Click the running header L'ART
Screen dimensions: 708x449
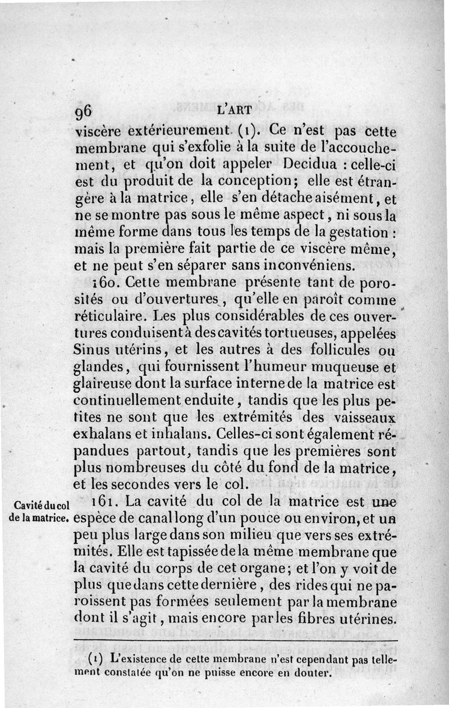pos(230,111)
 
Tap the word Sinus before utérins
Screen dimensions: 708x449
pos(92,350)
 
